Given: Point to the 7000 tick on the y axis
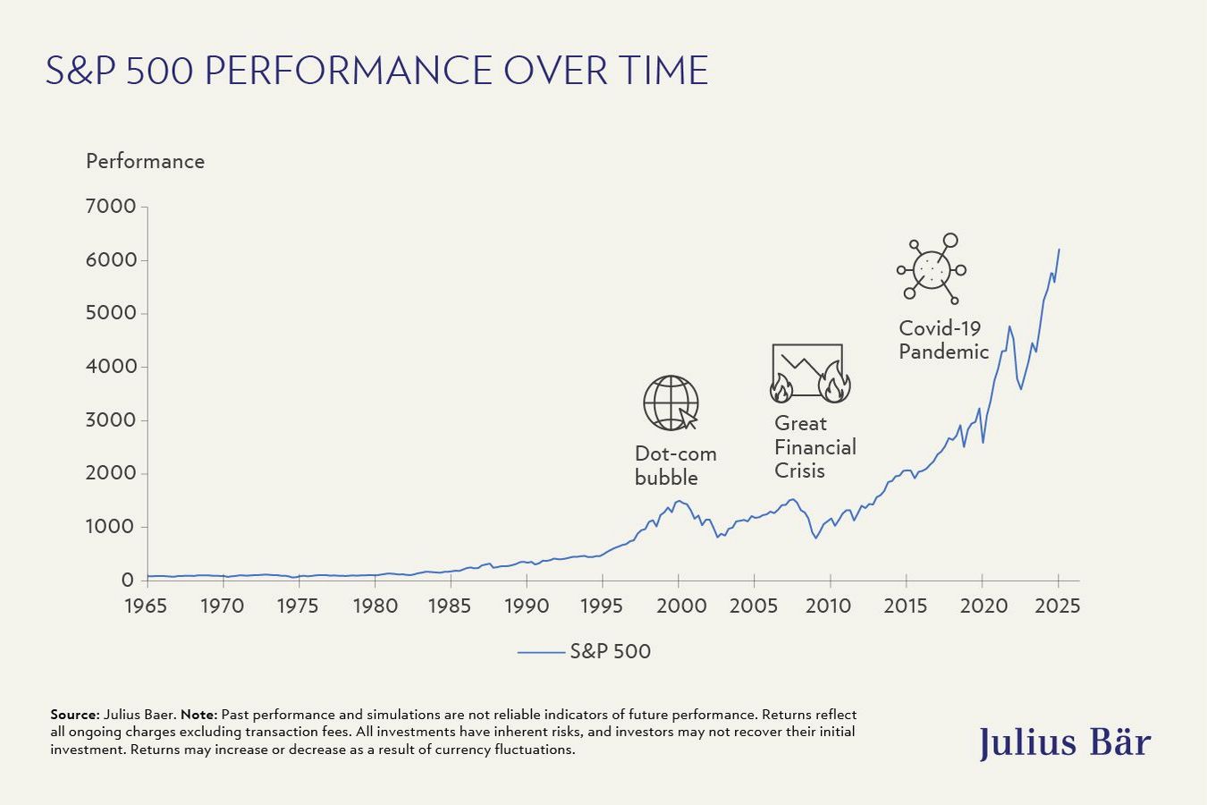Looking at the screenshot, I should point(111,207).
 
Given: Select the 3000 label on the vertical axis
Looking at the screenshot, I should point(111,420).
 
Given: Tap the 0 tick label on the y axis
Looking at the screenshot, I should point(128,580).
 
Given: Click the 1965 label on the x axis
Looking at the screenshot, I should point(145,606).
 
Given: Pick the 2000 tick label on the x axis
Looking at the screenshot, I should point(681,606).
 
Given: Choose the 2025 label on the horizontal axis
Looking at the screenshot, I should point(1058,606).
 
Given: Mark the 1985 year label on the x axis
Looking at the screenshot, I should point(450,606).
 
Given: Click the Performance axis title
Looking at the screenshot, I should point(145,162).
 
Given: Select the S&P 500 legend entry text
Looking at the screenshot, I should point(610,652).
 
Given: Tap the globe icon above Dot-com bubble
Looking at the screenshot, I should point(671,403).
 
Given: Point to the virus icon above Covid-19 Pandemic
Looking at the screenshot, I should point(933,268).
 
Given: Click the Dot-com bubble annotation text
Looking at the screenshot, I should point(675,465).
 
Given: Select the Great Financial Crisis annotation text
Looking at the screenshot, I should point(815,447).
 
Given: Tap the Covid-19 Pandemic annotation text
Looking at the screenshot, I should point(943,340).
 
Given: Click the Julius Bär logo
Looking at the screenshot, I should point(1064,742).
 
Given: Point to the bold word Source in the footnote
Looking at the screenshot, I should point(74,715).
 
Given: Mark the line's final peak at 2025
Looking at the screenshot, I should point(1059,250).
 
